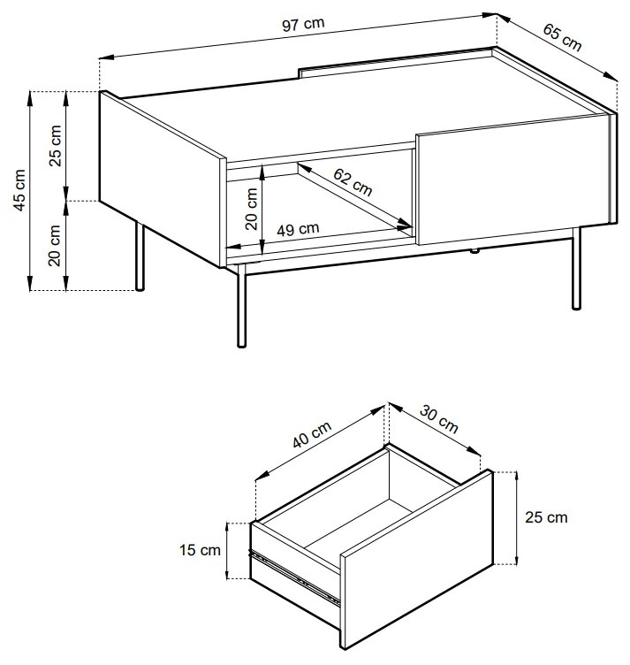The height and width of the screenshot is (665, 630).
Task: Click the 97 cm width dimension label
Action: tap(303, 25)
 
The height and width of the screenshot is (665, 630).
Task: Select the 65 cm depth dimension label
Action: tap(562, 38)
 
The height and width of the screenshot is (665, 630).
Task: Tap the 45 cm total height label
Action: tap(19, 190)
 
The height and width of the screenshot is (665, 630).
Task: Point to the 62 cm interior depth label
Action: tap(353, 182)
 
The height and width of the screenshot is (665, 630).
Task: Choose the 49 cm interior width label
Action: tap(298, 229)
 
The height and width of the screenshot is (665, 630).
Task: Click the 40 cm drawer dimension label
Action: tap(312, 434)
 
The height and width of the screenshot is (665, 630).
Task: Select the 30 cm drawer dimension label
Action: tap(439, 419)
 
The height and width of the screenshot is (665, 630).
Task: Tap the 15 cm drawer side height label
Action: tap(200, 550)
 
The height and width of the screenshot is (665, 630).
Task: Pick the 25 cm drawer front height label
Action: tap(546, 517)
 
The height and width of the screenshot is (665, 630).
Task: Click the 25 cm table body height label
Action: tap(55, 145)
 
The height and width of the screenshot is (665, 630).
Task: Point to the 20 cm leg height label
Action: tap(55, 245)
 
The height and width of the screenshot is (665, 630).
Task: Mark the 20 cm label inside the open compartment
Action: tap(251, 209)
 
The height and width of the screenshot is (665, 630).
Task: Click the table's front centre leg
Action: tap(241, 306)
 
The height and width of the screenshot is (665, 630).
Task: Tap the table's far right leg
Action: tap(576, 269)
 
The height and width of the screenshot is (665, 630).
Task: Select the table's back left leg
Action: tap(140, 256)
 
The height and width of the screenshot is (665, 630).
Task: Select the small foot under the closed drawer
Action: tap(474, 251)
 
